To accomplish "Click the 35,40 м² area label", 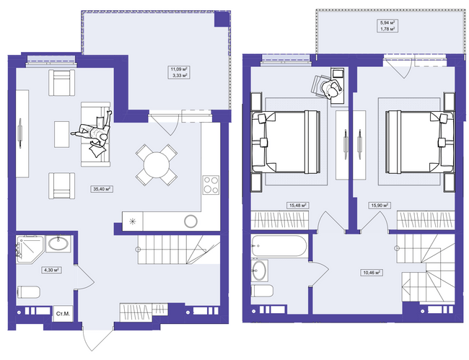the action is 102,189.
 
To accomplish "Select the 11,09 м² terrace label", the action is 180,69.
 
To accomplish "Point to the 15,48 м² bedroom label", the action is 297,206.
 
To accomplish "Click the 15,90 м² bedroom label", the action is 380,206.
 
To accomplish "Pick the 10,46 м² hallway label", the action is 372,273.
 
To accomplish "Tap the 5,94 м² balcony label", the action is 387,22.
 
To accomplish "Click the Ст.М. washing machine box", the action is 63,313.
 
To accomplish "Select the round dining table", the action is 157,165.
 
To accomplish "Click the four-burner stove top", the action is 211,185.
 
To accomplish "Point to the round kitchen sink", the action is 190,221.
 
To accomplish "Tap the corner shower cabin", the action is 30,249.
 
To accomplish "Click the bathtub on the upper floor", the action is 279,246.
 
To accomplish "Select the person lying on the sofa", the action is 94,133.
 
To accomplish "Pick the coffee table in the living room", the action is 62,134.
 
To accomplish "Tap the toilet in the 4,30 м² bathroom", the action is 29,292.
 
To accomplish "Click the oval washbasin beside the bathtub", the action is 260,271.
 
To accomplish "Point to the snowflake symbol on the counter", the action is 132,221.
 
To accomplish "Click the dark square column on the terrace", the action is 222,19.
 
